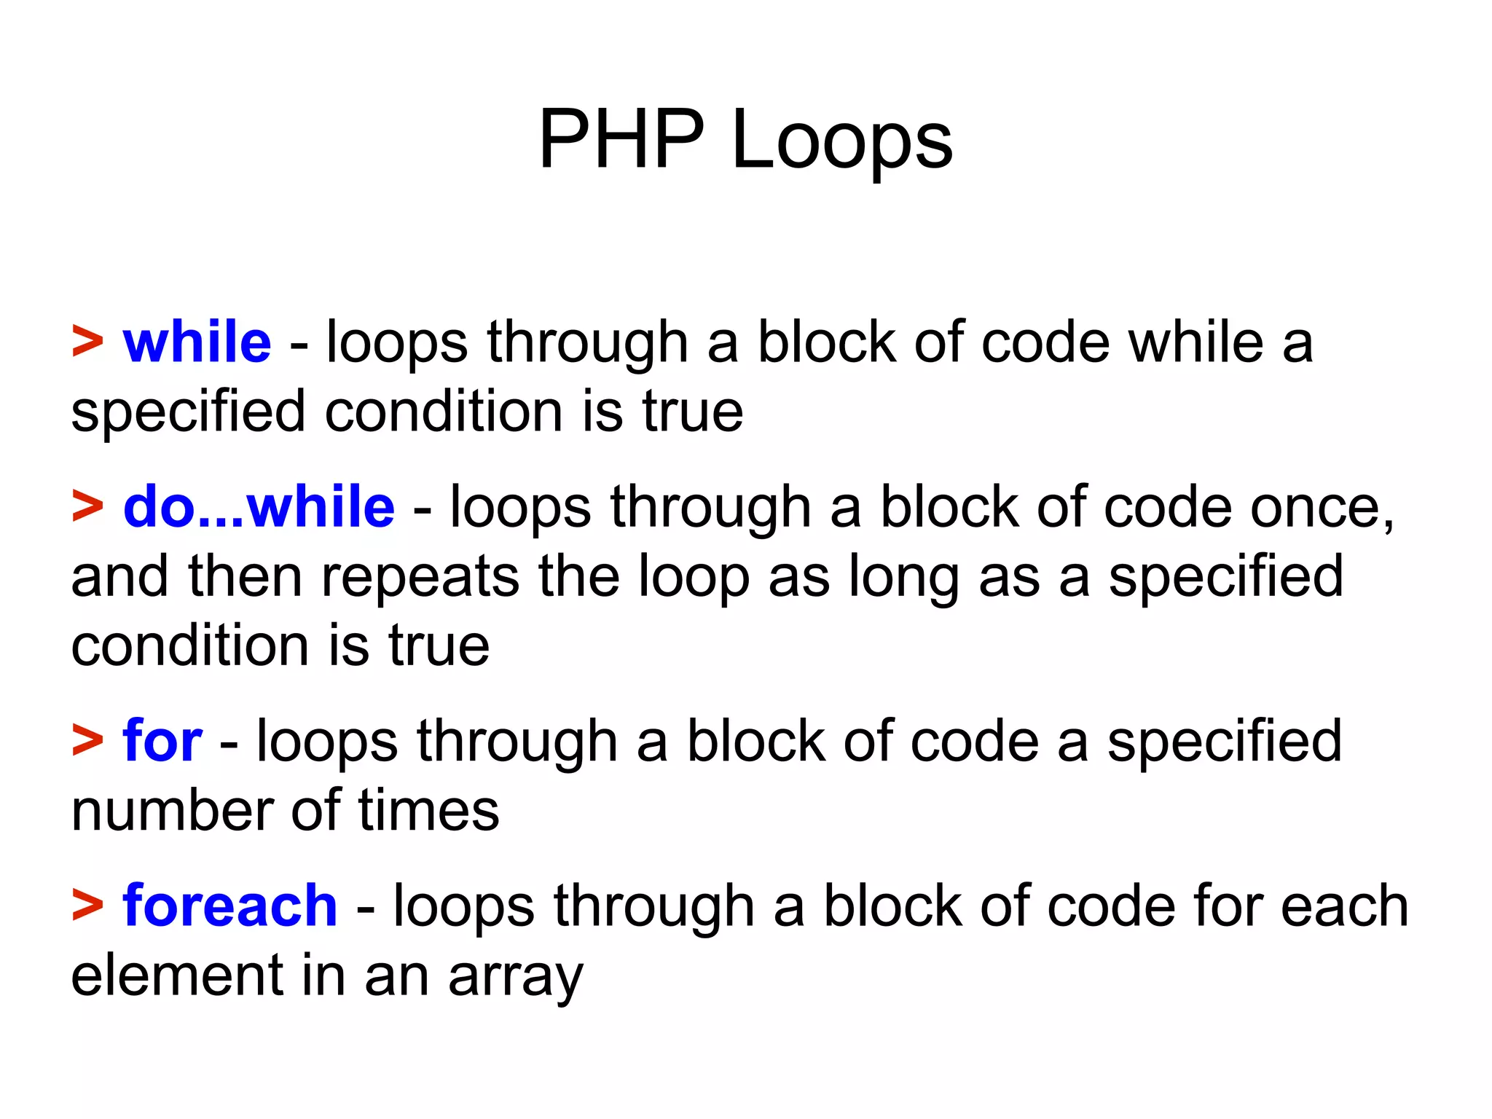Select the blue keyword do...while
(x=259, y=507)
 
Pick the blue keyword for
(x=162, y=741)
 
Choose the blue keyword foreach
(x=229, y=906)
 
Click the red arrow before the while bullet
(x=87, y=342)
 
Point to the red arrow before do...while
(x=87, y=507)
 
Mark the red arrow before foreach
(x=87, y=906)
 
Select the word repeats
(x=420, y=576)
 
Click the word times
(x=428, y=810)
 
